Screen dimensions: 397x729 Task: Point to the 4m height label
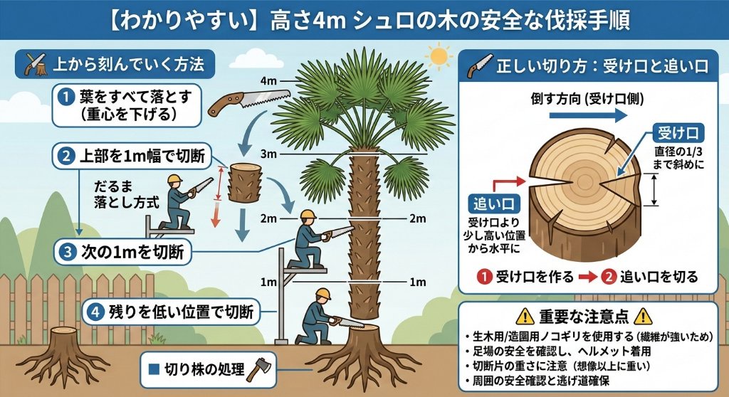click(x=269, y=80)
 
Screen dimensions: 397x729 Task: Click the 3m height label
click(x=268, y=154)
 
